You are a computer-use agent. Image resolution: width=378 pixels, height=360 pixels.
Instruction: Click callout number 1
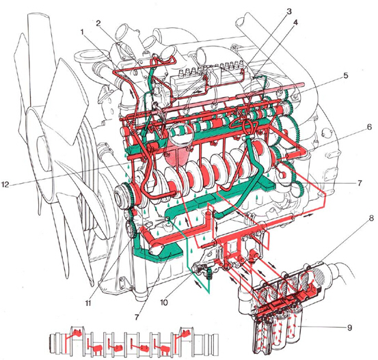point(82,31)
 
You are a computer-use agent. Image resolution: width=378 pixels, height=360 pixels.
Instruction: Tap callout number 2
point(98,23)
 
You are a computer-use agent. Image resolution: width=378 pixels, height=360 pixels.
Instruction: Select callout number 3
point(289,12)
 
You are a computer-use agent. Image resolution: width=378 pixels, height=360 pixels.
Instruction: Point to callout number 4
point(295,23)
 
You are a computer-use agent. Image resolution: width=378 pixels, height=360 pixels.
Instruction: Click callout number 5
point(345,75)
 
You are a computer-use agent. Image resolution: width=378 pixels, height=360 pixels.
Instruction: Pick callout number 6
point(370,127)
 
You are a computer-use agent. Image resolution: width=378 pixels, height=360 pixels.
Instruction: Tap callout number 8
point(371,219)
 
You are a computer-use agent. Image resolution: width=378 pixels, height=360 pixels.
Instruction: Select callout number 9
point(349,327)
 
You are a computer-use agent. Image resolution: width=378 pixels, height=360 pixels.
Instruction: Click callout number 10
point(163,303)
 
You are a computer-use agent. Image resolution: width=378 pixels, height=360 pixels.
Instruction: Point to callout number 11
point(88,303)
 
